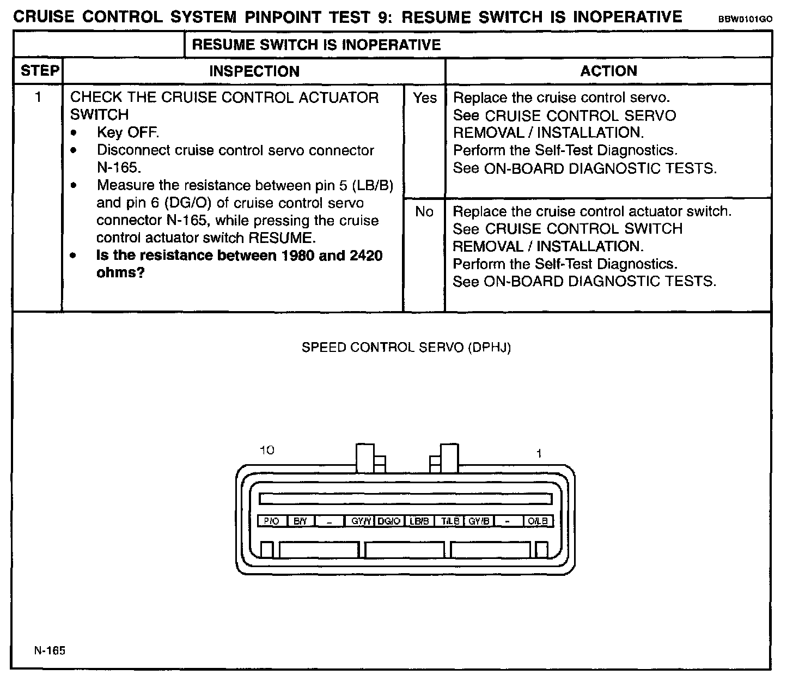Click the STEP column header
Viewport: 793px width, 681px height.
(x=39, y=71)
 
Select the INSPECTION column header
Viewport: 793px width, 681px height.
(x=254, y=71)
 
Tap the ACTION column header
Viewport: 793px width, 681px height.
(x=608, y=71)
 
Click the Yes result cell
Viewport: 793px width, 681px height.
(x=424, y=98)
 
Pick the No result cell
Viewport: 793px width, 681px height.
(x=424, y=211)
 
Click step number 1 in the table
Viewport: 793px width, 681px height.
(x=38, y=98)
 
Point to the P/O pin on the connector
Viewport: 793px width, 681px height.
(x=271, y=521)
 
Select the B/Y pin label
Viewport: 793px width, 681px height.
(x=301, y=521)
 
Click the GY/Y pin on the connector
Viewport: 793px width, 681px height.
(x=361, y=521)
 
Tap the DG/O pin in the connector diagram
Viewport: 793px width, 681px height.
(x=389, y=521)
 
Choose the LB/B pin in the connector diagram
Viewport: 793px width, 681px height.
(x=419, y=521)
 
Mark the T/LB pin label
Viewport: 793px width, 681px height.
(x=450, y=521)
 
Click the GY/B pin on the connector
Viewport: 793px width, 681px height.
(x=479, y=521)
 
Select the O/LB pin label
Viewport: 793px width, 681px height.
(x=538, y=521)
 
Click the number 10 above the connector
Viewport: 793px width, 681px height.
(x=267, y=450)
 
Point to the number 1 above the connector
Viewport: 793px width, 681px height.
(x=539, y=453)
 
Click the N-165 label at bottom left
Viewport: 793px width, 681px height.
(x=49, y=650)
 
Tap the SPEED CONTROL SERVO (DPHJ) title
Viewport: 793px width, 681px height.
(x=406, y=348)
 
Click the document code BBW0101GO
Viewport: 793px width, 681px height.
(x=745, y=19)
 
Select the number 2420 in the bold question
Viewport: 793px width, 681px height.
(x=362, y=256)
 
